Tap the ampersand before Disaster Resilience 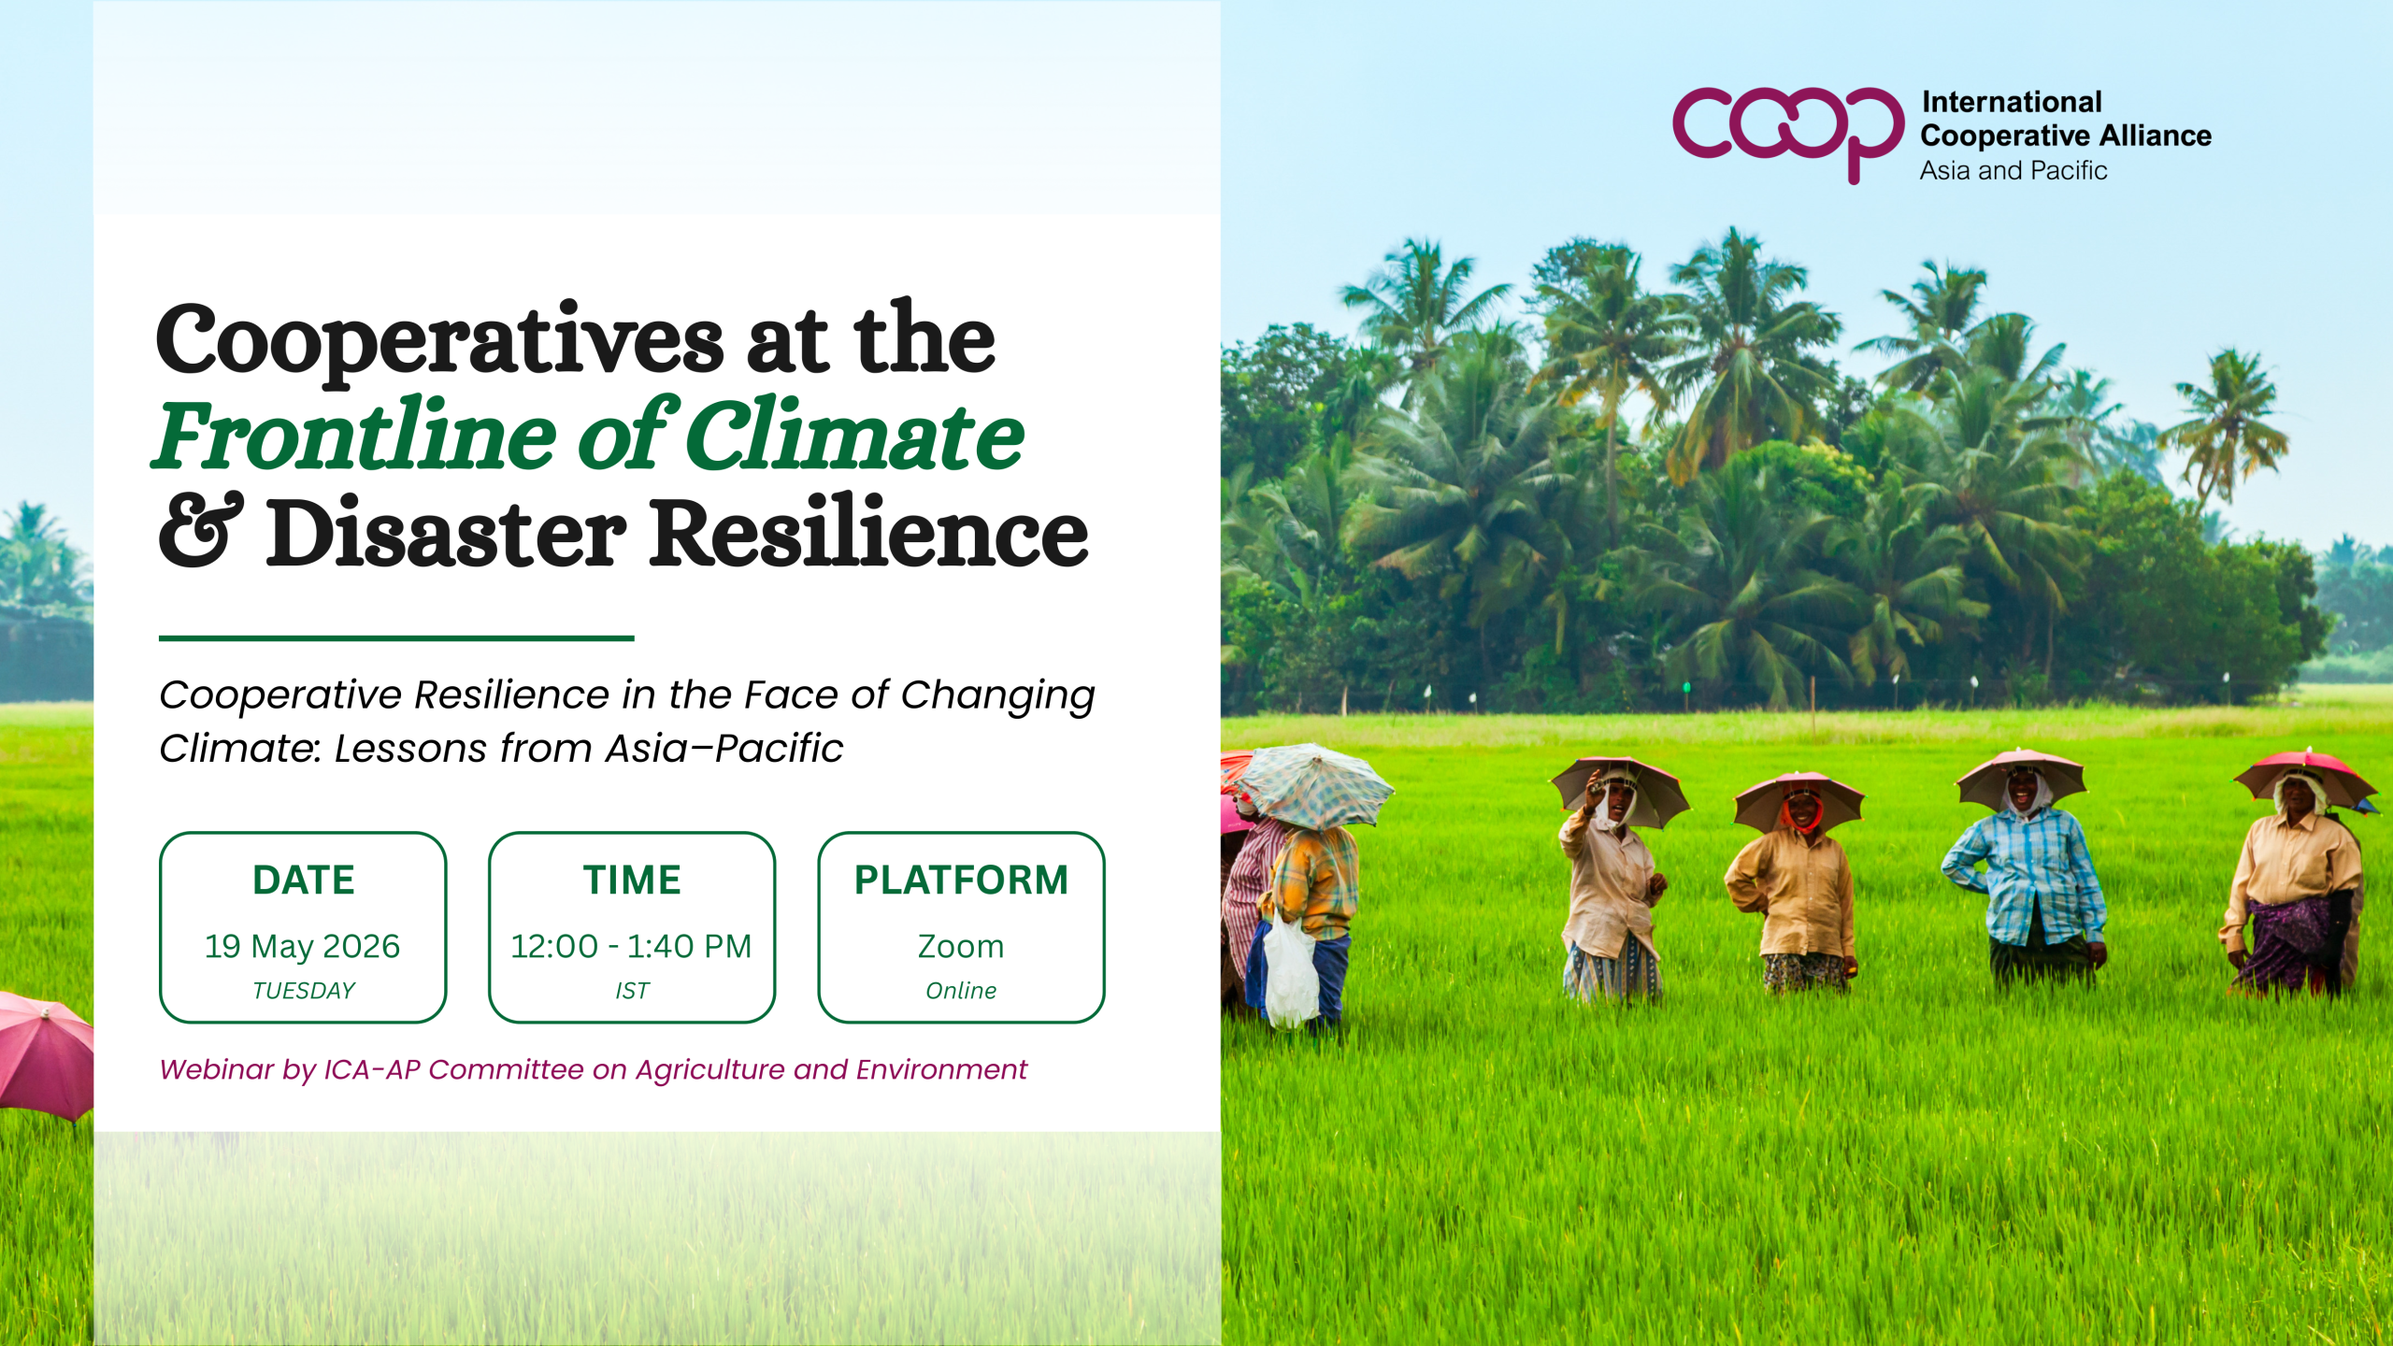pos(201,530)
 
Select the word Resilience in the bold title pos(869,530)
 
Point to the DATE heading pos(304,880)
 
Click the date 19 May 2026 pos(303,947)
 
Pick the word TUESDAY pos(304,991)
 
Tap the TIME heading pos(632,880)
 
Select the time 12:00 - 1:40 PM pos(632,947)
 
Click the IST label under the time pos(632,991)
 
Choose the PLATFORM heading pos(961,880)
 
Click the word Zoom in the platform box pos(961,947)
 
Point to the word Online pos(961,991)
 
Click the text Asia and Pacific pos(2013,171)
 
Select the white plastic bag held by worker pos(1291,972)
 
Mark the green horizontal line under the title pos(396,638)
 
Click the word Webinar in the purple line pos(217,1069)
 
